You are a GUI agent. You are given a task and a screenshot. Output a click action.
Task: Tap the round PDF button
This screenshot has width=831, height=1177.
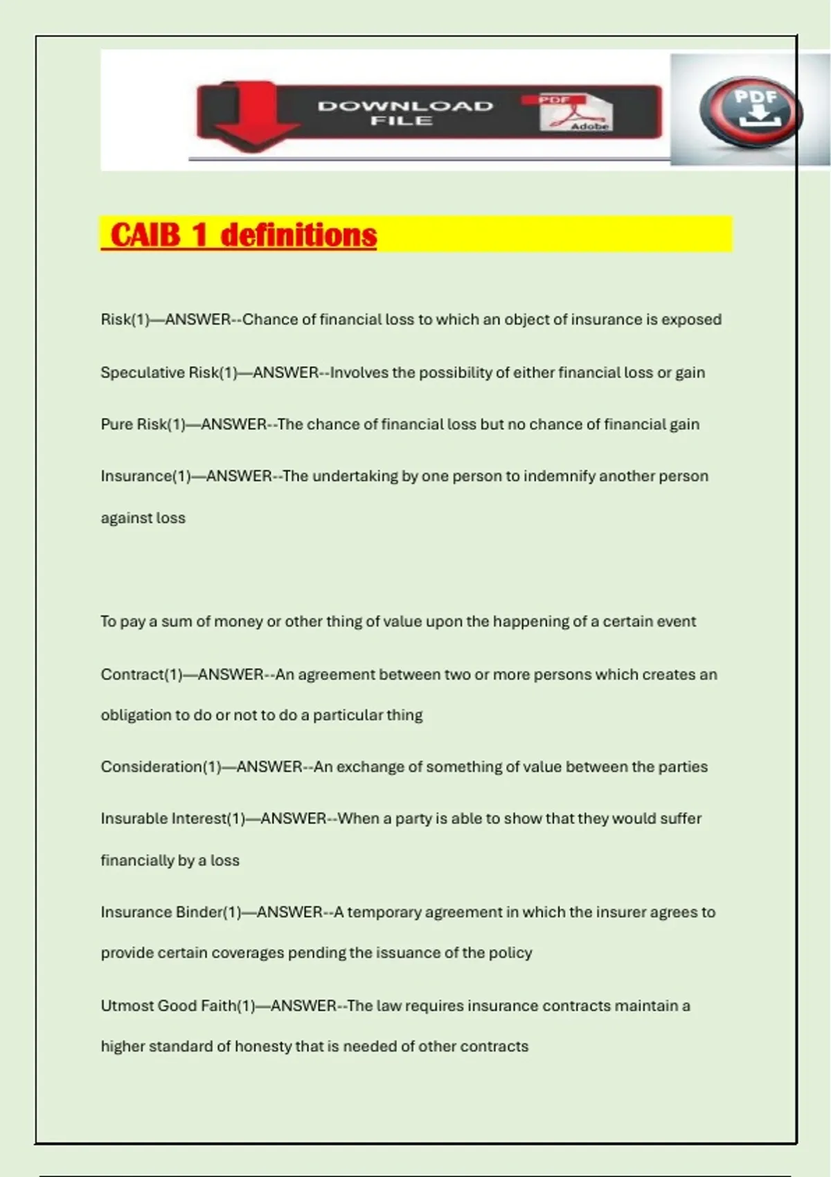pos(752,111)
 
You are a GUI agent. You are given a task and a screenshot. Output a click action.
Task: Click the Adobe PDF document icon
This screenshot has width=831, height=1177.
pos(575,113)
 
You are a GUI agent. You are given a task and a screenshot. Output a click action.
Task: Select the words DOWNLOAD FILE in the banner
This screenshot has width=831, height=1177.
pos(404,113)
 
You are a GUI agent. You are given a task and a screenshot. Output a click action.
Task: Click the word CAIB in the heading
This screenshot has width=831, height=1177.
pos(145,235)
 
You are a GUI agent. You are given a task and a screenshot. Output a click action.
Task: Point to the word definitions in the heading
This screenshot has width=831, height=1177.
pos(298,235)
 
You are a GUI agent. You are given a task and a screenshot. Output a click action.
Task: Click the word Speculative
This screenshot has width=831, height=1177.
pos(143,372)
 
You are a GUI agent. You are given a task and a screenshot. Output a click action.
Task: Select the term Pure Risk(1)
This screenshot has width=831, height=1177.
pos(143,424)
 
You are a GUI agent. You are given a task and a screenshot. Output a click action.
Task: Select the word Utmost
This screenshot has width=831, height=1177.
pos(127,1005)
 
